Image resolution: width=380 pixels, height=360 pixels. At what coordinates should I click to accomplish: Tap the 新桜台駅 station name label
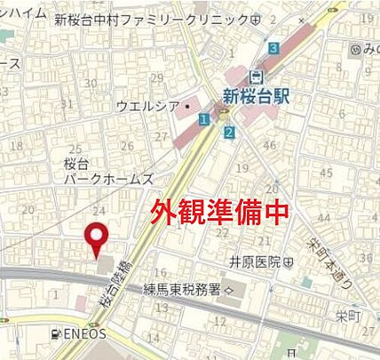[x=257, y=95]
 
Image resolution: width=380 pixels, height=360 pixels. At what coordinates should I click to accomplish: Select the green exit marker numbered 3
[x=274, y=48]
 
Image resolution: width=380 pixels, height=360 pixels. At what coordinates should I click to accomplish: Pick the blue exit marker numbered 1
[x=204, y=119]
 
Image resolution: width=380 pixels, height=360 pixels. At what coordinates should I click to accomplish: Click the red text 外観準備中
[x=221, y=213]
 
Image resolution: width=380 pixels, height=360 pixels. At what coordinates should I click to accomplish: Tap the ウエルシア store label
[x=143, y=106]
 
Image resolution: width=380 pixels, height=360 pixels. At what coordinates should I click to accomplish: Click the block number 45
[x=325, y=173]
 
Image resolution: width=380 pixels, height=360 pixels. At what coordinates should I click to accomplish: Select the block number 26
[x=128, y=145]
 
